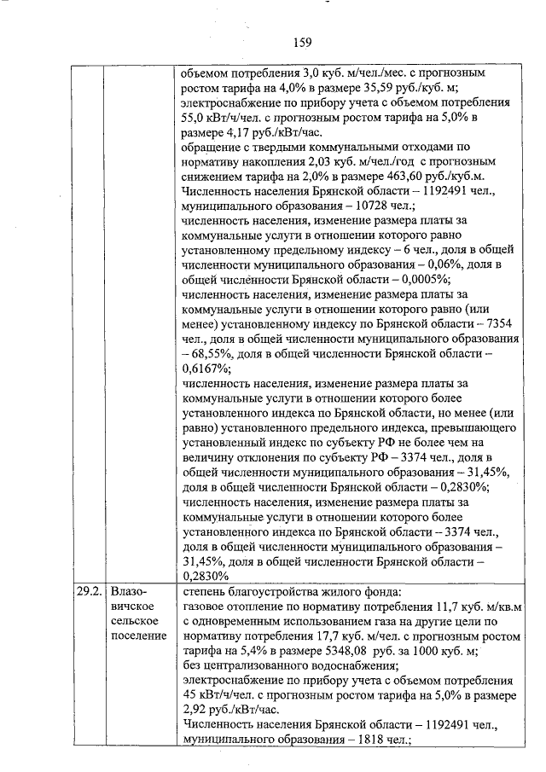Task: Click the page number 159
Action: (x=301, y=43)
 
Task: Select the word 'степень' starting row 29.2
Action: (x=204, y=591)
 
